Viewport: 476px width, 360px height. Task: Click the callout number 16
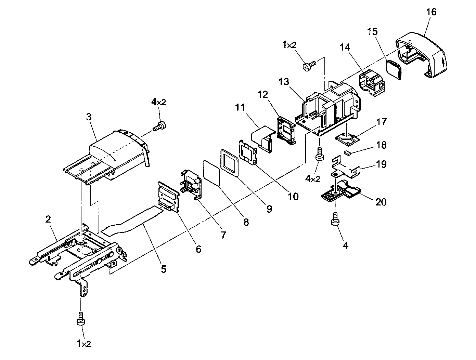(x=431, y=12)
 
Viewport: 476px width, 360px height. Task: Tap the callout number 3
(x=89, y=117)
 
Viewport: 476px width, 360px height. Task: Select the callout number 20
(x=381, y=202)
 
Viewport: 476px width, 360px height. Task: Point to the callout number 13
(x=284, y=82)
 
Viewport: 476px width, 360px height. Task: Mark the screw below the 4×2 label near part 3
(x=160, y=126)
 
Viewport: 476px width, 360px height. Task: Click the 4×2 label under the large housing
(x=312, y=179)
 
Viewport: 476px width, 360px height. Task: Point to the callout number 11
(x=240, y=107)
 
